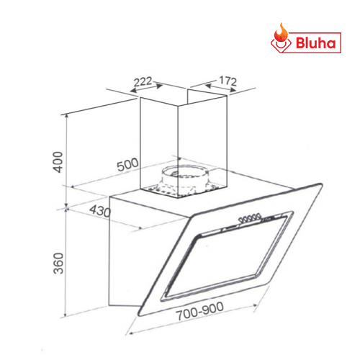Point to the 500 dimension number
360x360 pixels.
click(127, 164)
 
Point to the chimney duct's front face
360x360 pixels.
click(160, 144)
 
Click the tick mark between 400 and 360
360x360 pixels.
click(66, 208)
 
